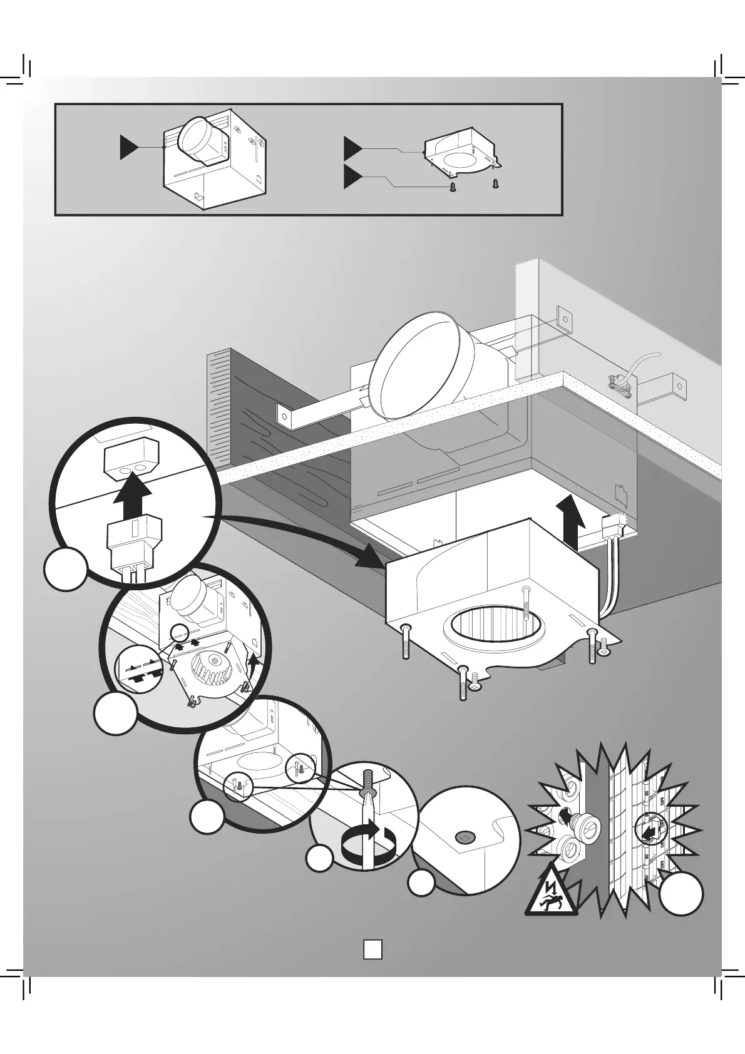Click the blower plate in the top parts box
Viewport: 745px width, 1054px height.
click(x=460, y=151)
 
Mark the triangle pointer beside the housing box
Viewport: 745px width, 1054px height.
click(x=130, y=147)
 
